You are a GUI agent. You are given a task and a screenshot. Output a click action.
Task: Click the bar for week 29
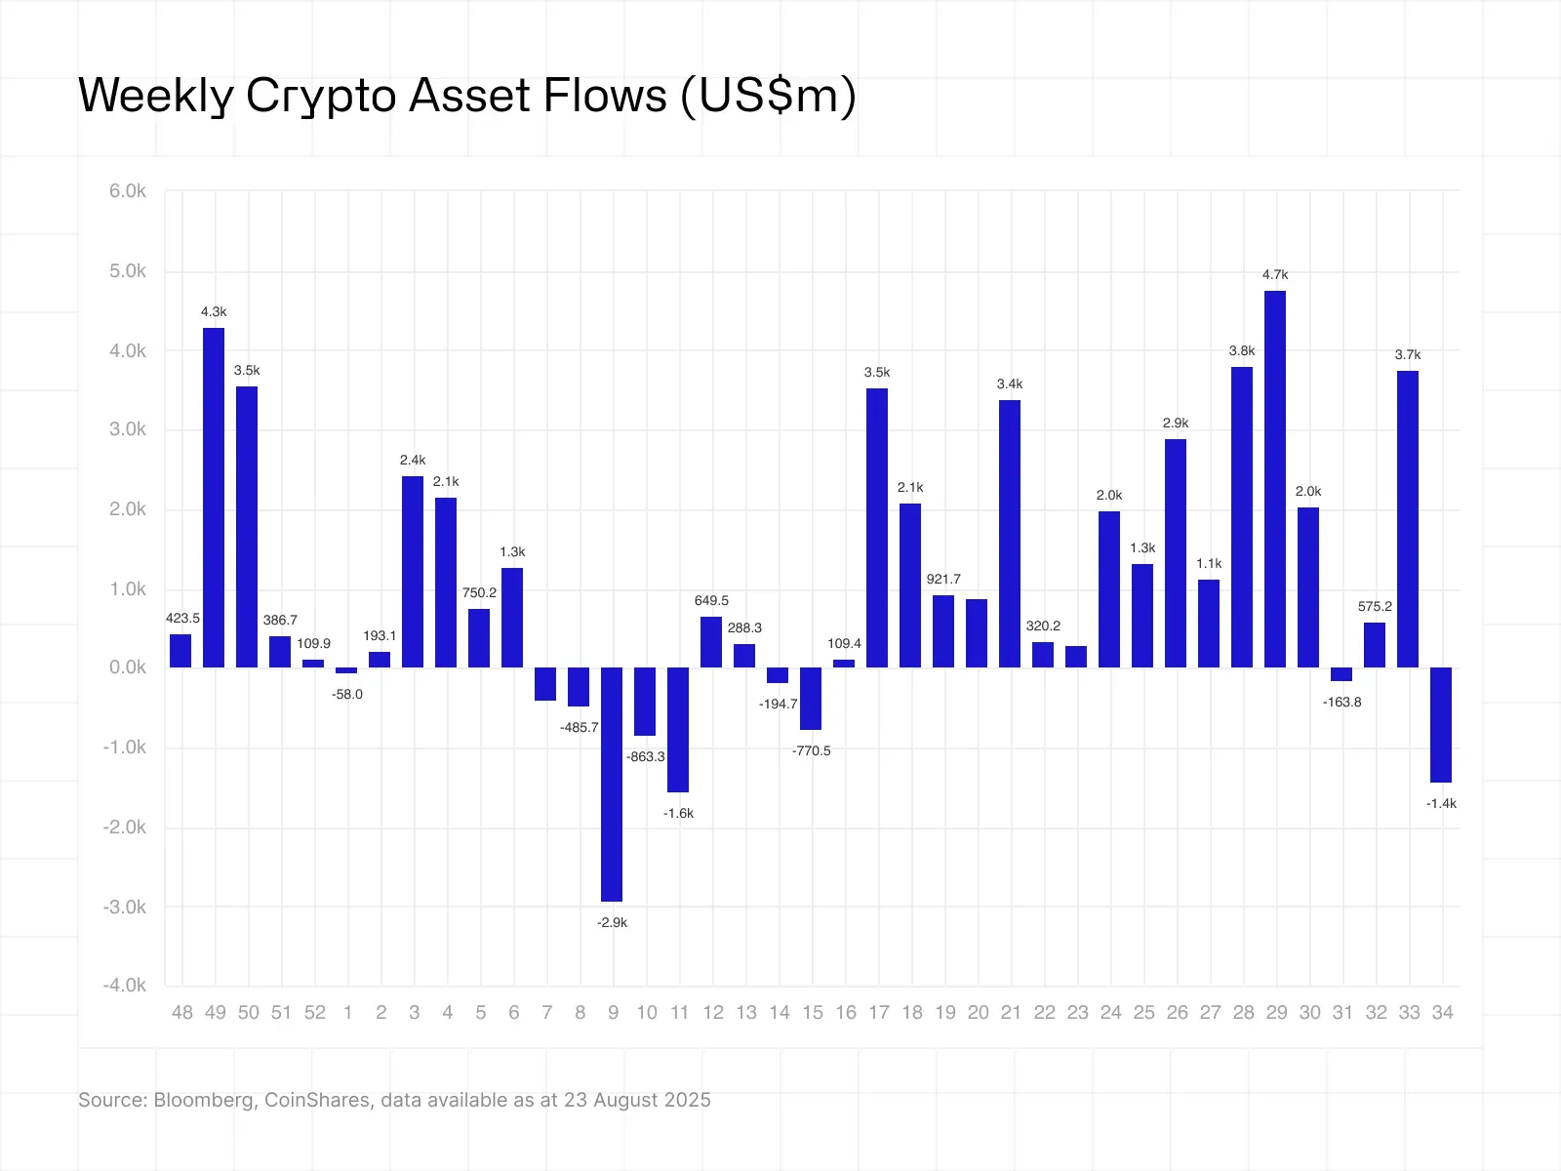point(1274,478)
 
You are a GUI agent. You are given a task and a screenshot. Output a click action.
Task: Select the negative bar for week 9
point(612,784)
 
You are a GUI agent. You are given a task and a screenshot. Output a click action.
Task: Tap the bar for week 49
point(214,498)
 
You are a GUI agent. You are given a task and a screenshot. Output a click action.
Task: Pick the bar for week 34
point(1441,724)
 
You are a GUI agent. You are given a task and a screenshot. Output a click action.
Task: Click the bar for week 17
point(877,527)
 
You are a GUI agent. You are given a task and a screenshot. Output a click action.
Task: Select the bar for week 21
point(1010,533)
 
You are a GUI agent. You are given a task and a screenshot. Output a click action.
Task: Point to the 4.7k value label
point(1275,275)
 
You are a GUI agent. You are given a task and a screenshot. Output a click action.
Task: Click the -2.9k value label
point(612,923)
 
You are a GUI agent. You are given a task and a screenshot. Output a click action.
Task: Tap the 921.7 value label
point(943,580)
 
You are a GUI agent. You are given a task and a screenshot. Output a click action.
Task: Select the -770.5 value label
point(812,751)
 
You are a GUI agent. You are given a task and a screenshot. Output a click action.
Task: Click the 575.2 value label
point(1375,607)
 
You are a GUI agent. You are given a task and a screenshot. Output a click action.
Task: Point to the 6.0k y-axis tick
point(128,191)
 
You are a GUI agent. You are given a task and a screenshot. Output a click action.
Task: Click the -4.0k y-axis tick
point(125,986)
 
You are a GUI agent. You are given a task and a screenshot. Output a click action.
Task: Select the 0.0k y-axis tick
point(128,667)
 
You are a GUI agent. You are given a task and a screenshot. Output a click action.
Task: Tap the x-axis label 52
point(314,1013)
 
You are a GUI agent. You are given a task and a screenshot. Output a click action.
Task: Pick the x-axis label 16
point(846,1013)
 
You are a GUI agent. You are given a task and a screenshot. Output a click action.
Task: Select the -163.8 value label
point(1341,703)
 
